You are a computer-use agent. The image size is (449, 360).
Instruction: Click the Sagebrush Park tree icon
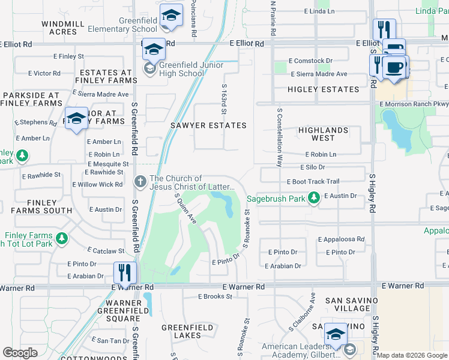[x=313, y=197]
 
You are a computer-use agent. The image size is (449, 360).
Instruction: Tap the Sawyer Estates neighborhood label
[x=208, y=125]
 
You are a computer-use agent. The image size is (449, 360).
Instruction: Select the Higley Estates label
[x=323, y=89]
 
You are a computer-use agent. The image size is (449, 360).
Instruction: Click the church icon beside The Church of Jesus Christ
[x=139, y=181]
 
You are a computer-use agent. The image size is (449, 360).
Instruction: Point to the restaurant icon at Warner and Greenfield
[x=125, y=273]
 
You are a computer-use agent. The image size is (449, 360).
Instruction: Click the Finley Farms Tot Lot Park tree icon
[x=62, y=239]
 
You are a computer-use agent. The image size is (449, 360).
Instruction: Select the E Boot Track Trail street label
[x=313, y=182]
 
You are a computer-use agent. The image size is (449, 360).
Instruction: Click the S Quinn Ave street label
[x=185, y=208]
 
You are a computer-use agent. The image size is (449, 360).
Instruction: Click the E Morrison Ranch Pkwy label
[x=414, y=104]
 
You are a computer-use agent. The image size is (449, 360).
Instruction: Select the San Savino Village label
[x=352, y=304]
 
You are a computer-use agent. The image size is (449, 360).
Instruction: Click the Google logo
[x=20, y=353]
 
